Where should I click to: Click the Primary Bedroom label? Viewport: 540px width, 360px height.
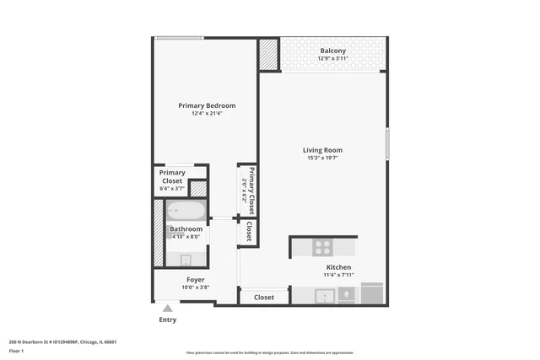(206, 105)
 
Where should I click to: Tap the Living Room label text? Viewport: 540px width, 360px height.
(322, 151)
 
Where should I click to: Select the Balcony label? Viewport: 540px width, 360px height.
(332, 51)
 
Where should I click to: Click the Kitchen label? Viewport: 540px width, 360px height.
(338, 266)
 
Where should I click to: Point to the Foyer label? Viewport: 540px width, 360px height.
(195, 279)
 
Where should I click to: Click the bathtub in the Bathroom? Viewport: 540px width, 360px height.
(186, 211)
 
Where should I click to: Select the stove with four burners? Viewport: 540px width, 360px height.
(322, 247)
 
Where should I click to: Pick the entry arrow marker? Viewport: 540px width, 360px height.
(168, 309)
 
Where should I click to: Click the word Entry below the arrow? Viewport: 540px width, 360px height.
(168, 320)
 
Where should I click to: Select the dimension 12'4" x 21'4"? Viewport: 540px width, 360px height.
(206, 114)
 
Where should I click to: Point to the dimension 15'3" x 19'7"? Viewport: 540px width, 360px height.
(322, 159)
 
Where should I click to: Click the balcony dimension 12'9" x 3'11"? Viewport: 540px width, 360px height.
(332, 58)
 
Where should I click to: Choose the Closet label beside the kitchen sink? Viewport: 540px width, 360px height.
(264, 297)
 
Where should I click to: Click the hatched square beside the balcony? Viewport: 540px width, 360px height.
(269, 55)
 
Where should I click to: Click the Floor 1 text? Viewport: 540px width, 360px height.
(16, 351)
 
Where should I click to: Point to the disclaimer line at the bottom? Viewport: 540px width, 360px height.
(269, 352)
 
